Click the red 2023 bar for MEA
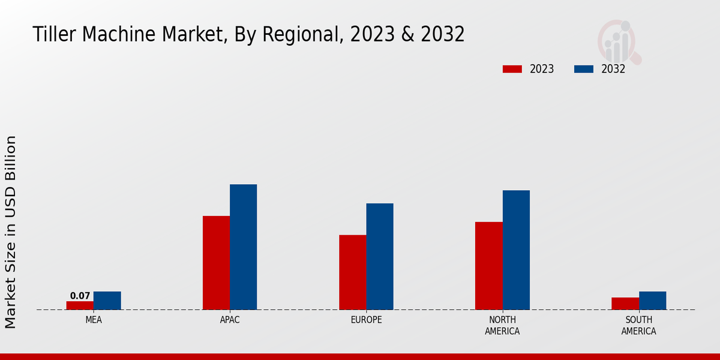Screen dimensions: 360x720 coord(80,305)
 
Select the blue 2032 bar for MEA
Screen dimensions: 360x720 coord(107,301)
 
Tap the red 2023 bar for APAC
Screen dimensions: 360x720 coord(216,263)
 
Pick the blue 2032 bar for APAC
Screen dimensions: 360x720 coord(243,247)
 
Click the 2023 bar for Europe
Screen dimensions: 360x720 coord(352,272)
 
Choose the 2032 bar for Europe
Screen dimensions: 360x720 coord(380,257)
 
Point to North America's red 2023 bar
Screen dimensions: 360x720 coord(489,266)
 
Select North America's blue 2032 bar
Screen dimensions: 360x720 coord(516,250)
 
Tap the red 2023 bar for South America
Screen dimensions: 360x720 coord(625,304)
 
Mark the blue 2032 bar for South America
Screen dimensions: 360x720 coord(652,301)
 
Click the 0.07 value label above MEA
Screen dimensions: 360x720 coord(80,296)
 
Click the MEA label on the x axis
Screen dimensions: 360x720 coord(94,320)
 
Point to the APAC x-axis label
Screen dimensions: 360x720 coord(230,320)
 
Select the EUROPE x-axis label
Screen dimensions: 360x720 coord(366,320)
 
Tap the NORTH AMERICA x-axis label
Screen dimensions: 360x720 coord(502,326)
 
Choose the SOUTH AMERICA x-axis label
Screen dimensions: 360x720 coord(638,326)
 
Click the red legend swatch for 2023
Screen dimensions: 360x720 coord(512,69)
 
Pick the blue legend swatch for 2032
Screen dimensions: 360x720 coord(584,69)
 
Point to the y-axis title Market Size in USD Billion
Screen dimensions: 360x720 coord(11,232)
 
